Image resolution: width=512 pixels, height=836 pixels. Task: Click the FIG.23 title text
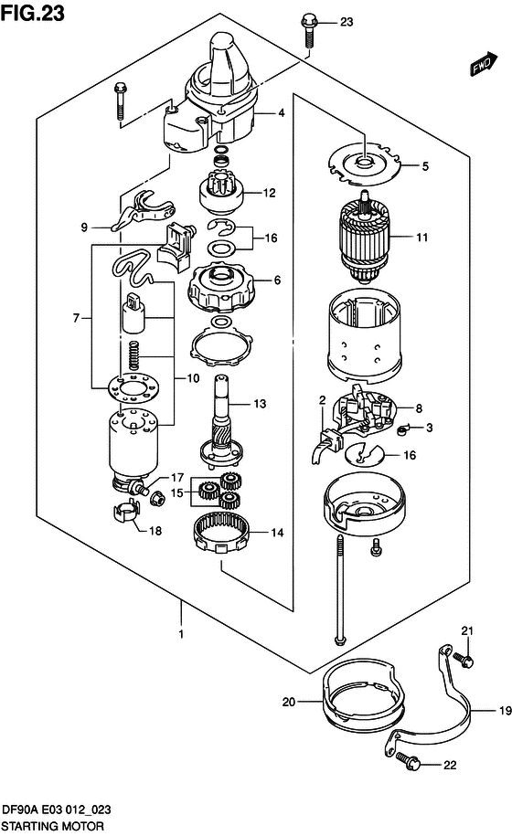(x=33, y=12)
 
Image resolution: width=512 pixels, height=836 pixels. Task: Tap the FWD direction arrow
(x=484, y=64)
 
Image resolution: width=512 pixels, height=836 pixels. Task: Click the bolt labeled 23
(x=309, y=31)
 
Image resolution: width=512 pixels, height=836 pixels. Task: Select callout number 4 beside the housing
(x=281, y=112)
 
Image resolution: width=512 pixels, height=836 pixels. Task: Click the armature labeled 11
(x=365, y=238)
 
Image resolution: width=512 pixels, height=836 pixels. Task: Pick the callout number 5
(x=425, y=166)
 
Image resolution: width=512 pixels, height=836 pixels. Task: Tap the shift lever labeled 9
(x=142, y=212)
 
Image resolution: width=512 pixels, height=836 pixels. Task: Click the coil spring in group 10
(x=134, y=355)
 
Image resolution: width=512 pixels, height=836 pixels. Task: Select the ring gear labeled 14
(x=221, y=530)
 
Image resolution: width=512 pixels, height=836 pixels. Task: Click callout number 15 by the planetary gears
(x=177, y=492)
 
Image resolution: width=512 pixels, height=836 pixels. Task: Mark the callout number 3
(x=430, y=428)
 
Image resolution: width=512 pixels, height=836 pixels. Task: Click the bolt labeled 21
(x=464, y=660)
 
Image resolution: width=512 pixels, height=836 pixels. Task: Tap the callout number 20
(x=289, y=702)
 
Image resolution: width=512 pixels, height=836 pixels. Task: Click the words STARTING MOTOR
(x=52, y=826)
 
